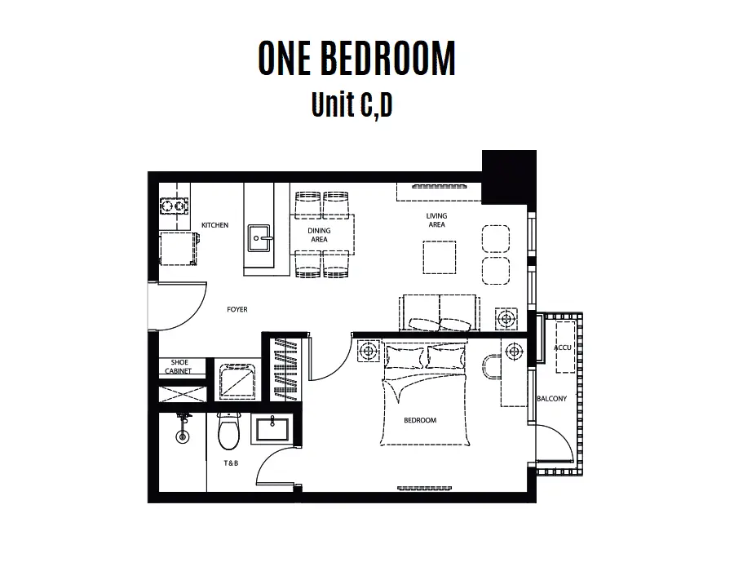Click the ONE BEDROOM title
click(356, 58)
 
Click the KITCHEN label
click(214, 225)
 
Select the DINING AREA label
click(319, 235)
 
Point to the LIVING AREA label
click(436, 220)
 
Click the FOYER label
click(237, 309)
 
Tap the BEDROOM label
click(420, 420)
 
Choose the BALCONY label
click(551, 399)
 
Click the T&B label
click(231, 463)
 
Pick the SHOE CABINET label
click(179, 366)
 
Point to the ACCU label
click(562, 347)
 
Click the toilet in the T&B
click(228, 431)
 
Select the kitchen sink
click(260, 238)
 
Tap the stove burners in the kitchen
click(175, 206)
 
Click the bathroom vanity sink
click(272, 429)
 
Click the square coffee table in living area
click(440, 258)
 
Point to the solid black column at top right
click(509, 177)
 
